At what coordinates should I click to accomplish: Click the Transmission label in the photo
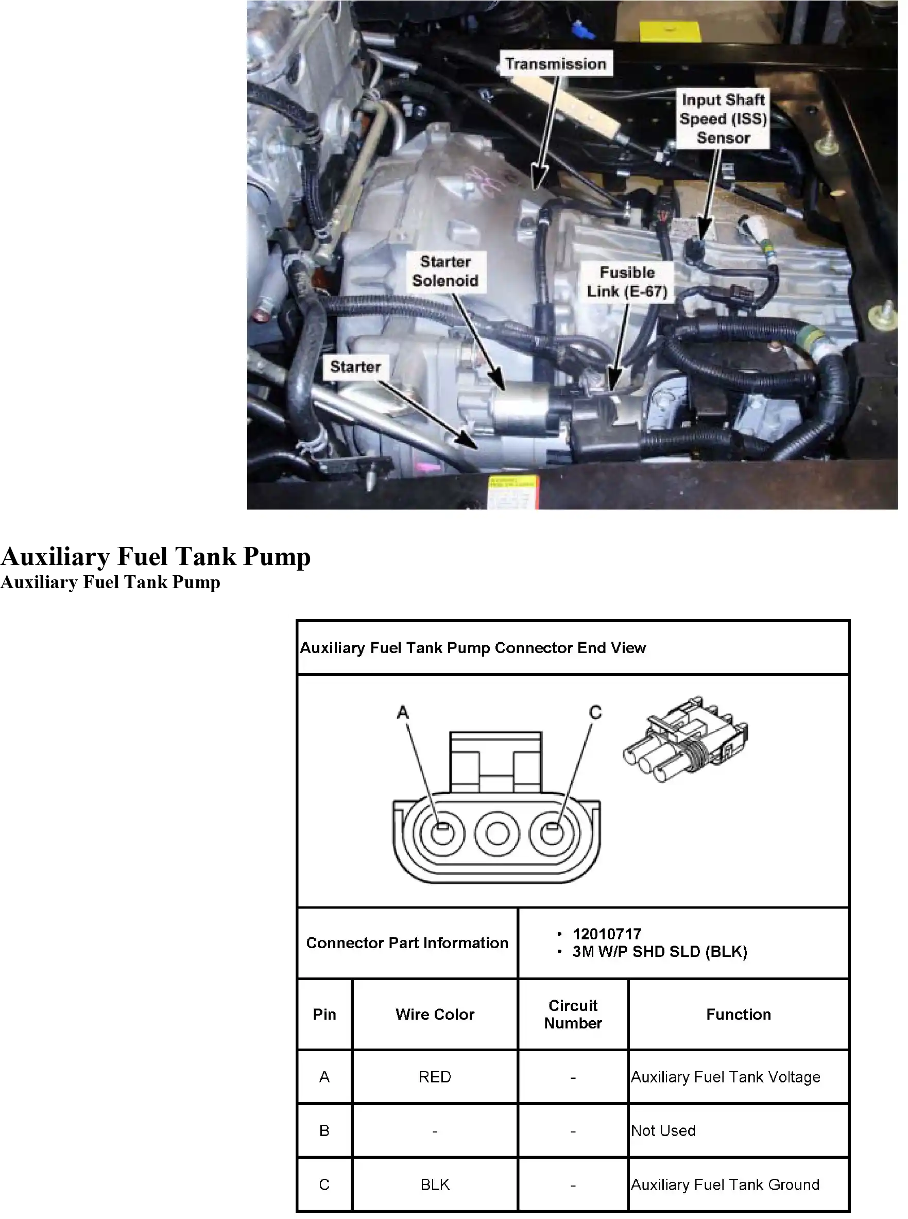pos(556,64)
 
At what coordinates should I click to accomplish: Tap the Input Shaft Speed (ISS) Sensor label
pos(723,119)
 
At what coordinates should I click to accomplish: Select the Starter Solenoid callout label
pos(445,271)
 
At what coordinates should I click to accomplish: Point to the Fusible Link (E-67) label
pos(627,282)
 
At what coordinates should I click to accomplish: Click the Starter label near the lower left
pos(355,367)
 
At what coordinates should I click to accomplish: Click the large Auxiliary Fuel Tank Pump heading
pos(156,556)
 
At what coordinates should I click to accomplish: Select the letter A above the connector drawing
pos(403,713)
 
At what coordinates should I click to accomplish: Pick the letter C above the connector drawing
pos(595,713)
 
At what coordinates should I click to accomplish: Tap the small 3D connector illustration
pos(686,739)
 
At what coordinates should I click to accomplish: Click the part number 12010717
pos(607,934)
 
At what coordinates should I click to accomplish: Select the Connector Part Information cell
pos(407,943)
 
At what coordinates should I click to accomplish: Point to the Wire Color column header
pos(435,1015)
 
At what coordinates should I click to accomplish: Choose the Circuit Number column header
pos(573,1015)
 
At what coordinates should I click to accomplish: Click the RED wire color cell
pos(435,1077)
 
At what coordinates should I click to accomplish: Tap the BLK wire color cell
pos(435,1184)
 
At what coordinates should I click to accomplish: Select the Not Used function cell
pos(738,1130)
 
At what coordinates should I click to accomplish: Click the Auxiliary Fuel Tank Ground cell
pos(738,1184)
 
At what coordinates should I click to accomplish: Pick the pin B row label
pos(324,1130)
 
